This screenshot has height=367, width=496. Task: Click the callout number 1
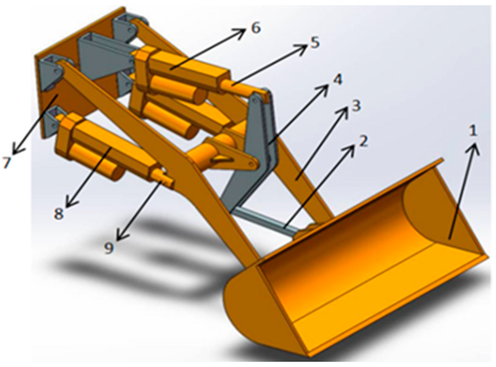pyautogui.click(x=473, y=131)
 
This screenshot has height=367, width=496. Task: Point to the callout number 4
pyautogui.click(x=338, y=80)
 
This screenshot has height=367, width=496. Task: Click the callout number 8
pyautogui.click(x=59, y=213)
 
